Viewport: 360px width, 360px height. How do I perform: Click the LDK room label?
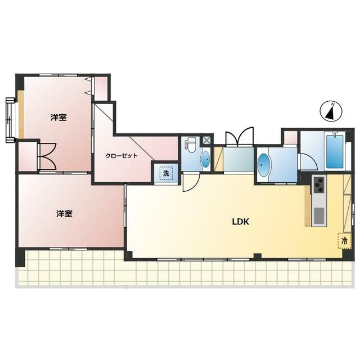240,222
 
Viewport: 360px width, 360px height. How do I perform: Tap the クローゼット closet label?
121,156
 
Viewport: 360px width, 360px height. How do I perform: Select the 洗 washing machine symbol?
166,173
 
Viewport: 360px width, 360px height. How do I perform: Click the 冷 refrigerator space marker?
344,241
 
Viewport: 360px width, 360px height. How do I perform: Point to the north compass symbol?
331,111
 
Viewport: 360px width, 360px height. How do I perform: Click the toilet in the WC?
190,145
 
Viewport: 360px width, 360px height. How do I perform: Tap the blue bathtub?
335,151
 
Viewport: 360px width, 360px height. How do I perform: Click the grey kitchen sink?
319,215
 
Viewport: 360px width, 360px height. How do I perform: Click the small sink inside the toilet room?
205,159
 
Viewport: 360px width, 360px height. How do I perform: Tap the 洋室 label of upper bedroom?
58,118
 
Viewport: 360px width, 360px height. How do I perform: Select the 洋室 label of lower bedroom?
64,214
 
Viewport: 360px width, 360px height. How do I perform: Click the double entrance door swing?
240,137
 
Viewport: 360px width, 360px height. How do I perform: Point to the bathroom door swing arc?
309,161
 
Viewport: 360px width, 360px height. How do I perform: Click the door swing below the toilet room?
191,183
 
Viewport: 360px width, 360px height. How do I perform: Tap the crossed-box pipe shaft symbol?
206,140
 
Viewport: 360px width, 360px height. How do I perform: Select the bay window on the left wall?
11,120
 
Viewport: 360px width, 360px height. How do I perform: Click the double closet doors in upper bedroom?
48,156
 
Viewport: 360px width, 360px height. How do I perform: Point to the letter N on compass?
333,105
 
